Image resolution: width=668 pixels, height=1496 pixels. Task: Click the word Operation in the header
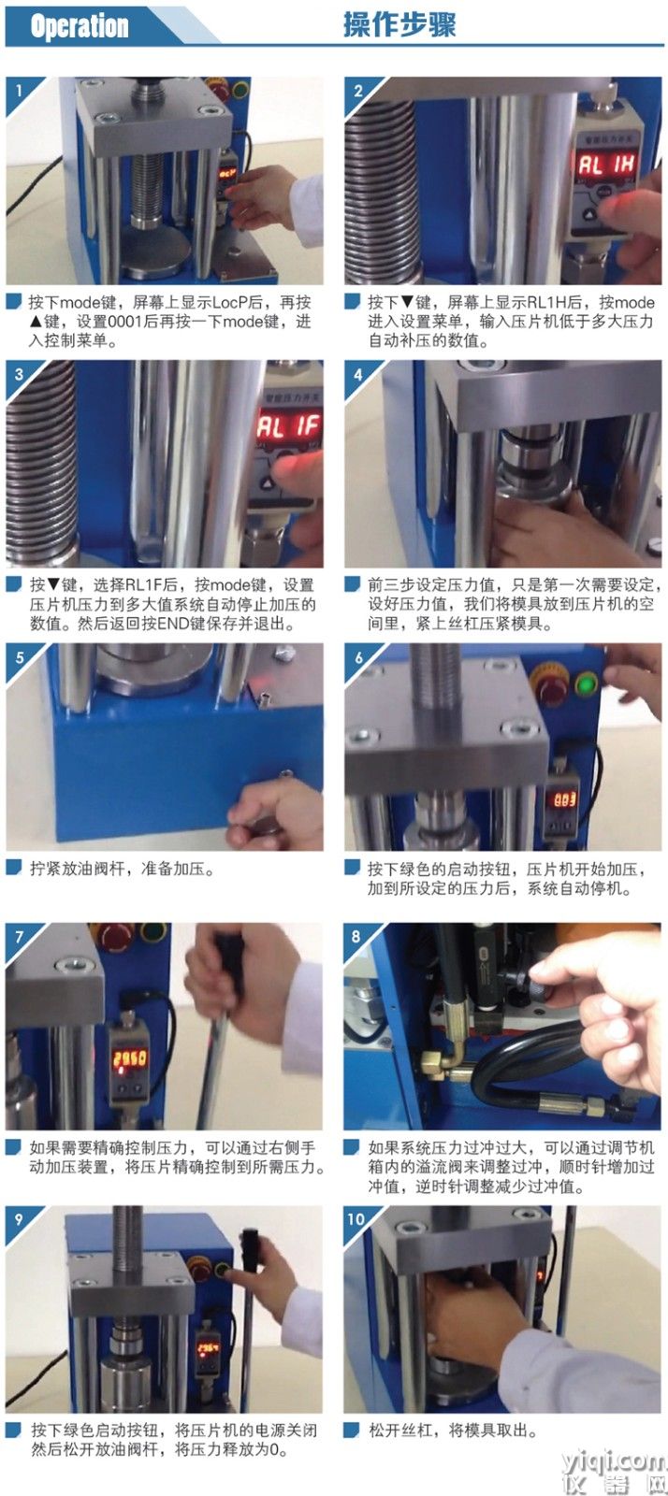[80, 26]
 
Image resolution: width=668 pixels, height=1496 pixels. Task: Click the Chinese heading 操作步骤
[399, 25]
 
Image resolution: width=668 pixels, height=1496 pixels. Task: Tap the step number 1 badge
[19, 90]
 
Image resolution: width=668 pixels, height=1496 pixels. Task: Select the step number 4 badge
[358, 374]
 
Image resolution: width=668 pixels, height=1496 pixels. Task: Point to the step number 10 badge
[356, 1219]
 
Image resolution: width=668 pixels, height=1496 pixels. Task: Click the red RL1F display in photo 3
[288, 425]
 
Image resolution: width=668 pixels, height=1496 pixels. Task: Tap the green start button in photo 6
[587, 684]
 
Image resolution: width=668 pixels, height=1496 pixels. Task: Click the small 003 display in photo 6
[564, 799]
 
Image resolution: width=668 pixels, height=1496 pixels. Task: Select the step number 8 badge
[356, 936]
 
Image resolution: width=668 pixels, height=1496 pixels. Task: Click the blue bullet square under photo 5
[14, 867]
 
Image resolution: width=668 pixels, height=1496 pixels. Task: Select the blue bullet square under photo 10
[351, 1430]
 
